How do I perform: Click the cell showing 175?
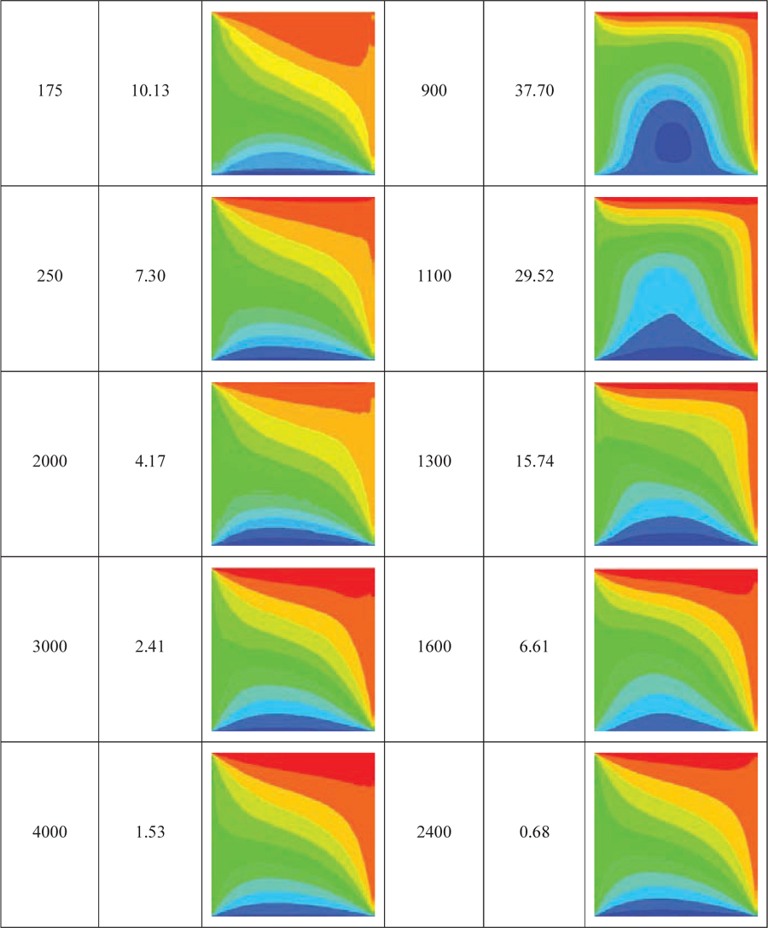[49, 91]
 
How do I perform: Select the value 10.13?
[149, 91]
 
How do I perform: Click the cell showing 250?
[49, 277]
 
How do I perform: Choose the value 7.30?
[149, 277]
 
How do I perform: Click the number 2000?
[49, 462]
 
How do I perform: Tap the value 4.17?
[149, 462]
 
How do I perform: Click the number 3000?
[49, 647]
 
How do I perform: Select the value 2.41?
[149, 647]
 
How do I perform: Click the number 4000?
[49, 832]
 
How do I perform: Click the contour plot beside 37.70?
[676, 93]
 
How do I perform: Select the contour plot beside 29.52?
[676, 278]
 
